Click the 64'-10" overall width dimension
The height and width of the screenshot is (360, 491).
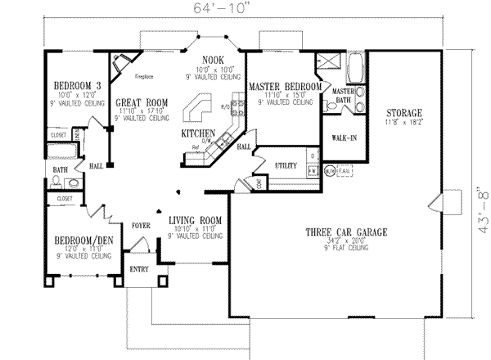pos(245,10)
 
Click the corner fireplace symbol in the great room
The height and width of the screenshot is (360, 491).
pos(122,62)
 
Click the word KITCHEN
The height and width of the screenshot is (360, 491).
pos(198,133)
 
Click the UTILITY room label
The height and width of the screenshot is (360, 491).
pos(285,165)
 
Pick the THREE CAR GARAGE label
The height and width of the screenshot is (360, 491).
pos(336,232)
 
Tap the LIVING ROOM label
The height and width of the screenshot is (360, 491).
pos(196,220)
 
